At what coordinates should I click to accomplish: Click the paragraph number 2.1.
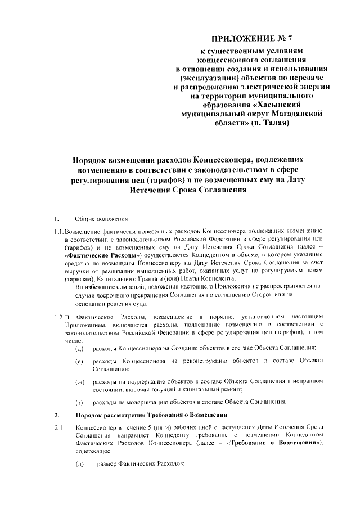58,429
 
